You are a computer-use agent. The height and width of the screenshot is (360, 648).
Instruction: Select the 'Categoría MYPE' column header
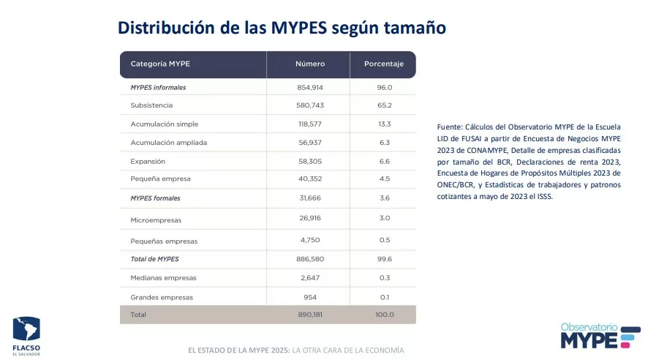[160, 64]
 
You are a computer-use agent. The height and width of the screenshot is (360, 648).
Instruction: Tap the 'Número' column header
[310, 64]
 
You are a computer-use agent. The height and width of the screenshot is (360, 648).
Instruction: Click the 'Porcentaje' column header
[384, 64]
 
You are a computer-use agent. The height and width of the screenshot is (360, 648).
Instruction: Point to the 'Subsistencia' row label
[151, 105]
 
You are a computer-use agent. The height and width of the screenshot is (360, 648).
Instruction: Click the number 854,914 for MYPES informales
[310, 87]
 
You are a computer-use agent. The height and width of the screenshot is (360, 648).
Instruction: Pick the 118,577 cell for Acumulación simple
[310, 124]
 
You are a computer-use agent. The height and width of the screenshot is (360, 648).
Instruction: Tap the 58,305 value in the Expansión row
[310, 161]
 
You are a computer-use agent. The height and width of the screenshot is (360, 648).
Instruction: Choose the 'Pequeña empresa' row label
[160, 179]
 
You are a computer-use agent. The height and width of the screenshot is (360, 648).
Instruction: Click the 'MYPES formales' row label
[155, 198]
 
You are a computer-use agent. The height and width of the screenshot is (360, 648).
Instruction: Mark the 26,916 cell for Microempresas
[310, 218]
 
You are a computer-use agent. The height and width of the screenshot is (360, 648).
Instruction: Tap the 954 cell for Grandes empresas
[310, 297]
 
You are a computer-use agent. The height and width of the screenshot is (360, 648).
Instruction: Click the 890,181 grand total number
[310, 315]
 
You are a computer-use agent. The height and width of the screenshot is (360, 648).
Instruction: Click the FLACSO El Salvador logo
[26, 335]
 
